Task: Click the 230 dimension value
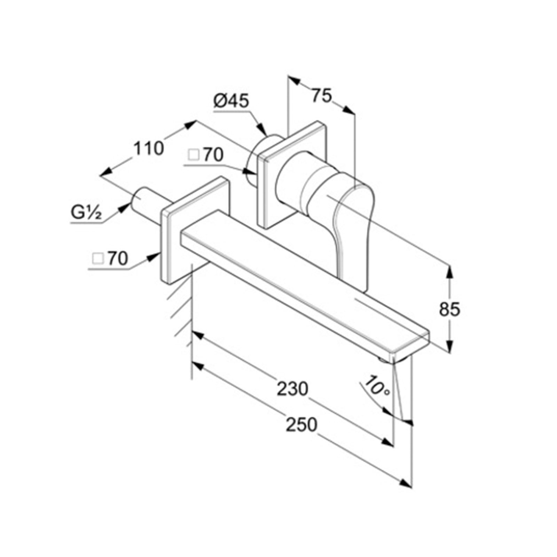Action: pos(292,389)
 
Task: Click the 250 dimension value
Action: pos(301,424)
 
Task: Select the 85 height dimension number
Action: pos(449,309)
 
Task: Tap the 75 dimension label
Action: pos(322,96)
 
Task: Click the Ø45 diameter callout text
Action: pos(232,101)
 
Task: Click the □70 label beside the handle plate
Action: pos(205,155)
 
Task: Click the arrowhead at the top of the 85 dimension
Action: pos(450,271)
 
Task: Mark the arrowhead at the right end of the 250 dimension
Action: pos(406,484)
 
